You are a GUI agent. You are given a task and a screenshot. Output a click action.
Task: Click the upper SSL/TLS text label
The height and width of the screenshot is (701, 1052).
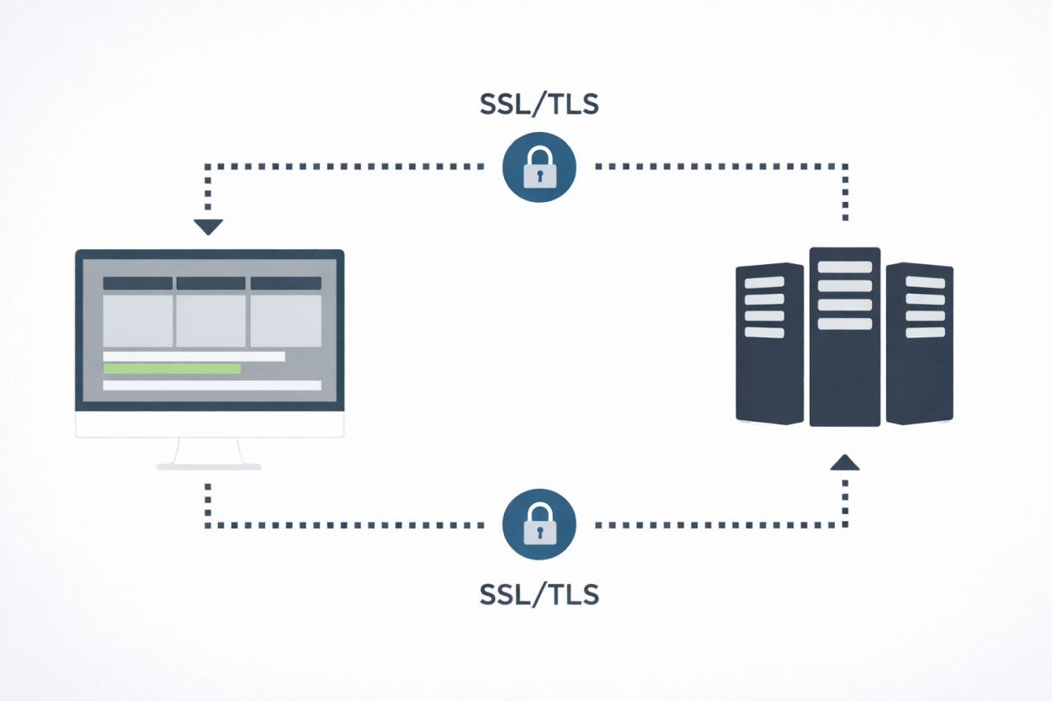[x=539, y=105]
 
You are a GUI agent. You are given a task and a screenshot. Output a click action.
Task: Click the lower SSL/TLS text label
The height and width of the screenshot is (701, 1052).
[x=539, y=594]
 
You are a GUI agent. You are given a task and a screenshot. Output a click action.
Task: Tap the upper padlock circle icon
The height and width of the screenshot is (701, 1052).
[x=539, y=167]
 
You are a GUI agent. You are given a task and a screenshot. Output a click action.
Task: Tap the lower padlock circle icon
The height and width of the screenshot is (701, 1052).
[x=539, y=525]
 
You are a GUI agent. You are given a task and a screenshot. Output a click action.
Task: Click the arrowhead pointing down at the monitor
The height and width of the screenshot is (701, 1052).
[x=208, y=226]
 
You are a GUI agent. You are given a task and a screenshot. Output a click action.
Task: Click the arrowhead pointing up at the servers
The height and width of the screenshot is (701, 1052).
[x=844, y=462]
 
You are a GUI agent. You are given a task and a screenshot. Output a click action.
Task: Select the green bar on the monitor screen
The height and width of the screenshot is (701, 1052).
[x=172, y=369]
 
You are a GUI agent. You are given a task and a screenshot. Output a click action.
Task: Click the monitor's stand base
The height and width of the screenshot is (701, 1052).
[x=209, y=465]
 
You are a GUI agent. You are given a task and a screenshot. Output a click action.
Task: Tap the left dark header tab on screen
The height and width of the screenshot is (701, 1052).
[x=137, y=284]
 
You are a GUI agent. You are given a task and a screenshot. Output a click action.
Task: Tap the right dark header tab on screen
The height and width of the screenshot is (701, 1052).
[x=286, y=284]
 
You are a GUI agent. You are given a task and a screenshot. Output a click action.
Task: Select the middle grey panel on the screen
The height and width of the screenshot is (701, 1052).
[x=210, y=320]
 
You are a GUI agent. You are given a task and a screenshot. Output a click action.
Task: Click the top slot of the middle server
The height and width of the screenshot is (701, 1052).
[x=845, y=267]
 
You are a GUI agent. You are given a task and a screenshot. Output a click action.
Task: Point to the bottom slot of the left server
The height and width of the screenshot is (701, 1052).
[x=765, y=332]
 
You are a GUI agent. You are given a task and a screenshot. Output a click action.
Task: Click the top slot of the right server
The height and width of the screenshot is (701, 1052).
[x=925, y=283]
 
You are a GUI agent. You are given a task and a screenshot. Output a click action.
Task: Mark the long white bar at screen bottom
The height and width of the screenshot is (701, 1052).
[x=212, y=385]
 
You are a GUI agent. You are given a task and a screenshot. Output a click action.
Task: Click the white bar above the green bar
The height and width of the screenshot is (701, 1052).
[x=194, y=357]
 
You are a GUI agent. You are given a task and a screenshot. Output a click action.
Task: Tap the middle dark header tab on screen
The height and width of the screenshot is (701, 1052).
[x=210, y=284]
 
